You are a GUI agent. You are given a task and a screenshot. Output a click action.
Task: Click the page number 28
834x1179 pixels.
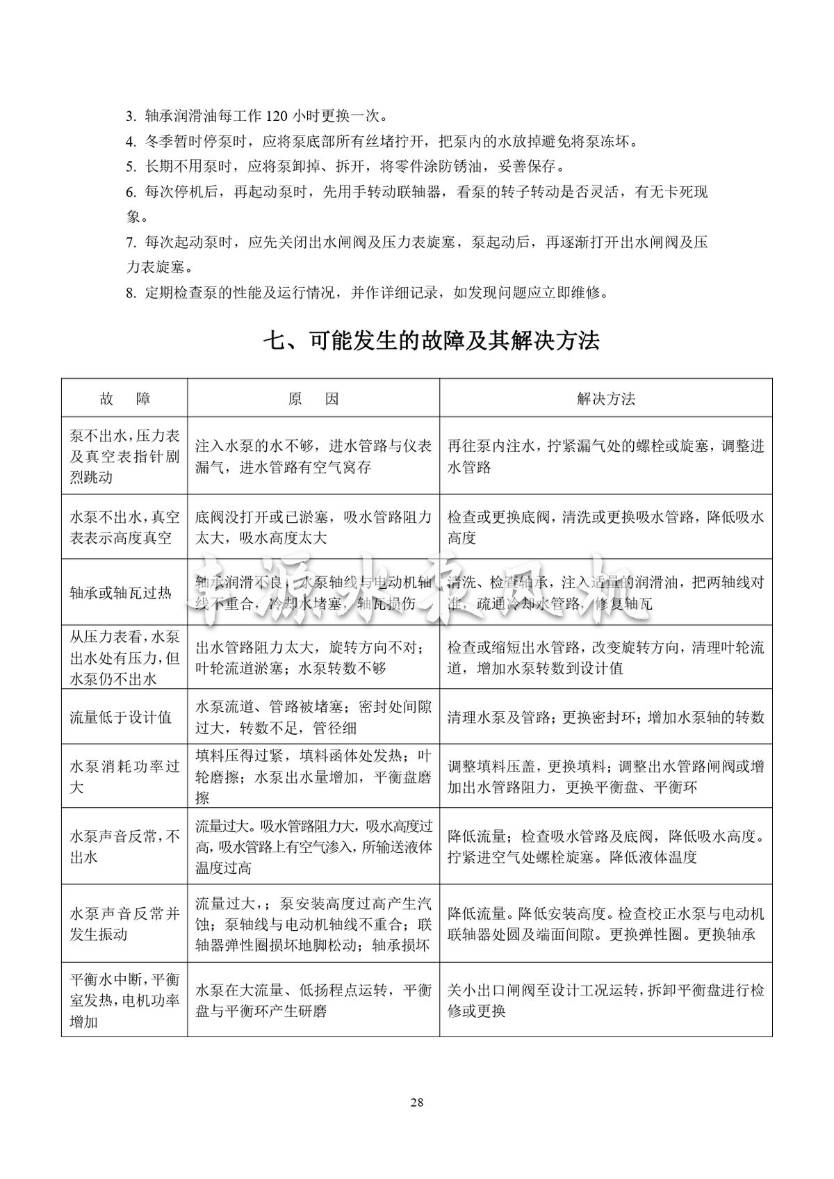coord(417,1102)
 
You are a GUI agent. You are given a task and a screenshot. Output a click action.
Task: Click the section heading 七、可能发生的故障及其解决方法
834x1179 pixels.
coord(431,341)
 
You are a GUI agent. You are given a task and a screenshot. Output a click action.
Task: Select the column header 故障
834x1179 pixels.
coord(124,398)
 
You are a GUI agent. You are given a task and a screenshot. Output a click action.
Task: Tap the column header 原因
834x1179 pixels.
coord(313,398)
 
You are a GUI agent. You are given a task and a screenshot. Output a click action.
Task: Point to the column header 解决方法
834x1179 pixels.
coord(605,398)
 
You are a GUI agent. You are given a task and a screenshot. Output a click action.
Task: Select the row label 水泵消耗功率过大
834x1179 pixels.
coord(124,776)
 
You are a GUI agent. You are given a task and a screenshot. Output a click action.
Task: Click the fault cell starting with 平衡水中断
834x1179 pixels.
coord(124,1000)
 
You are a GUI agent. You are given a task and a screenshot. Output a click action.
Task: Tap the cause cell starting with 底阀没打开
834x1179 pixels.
coord(313,527)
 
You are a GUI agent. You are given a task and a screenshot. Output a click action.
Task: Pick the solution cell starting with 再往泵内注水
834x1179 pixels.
coord(605,456)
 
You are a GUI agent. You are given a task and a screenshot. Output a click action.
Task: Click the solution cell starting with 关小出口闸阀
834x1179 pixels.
coord(605,1000)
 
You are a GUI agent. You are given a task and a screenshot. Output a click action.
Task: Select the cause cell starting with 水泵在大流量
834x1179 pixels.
coord(313,1000)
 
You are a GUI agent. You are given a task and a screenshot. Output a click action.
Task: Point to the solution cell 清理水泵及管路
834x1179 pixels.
coord(605,717)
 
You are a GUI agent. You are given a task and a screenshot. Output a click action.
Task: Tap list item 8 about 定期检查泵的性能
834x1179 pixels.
coord(368,292)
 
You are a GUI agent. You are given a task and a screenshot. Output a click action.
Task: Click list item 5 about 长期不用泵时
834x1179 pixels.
coord(347,167)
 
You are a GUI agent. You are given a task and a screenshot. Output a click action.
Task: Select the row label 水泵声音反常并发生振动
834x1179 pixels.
coord(124,924)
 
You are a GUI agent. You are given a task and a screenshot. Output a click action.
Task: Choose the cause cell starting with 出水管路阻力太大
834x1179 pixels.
coord(313,658)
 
